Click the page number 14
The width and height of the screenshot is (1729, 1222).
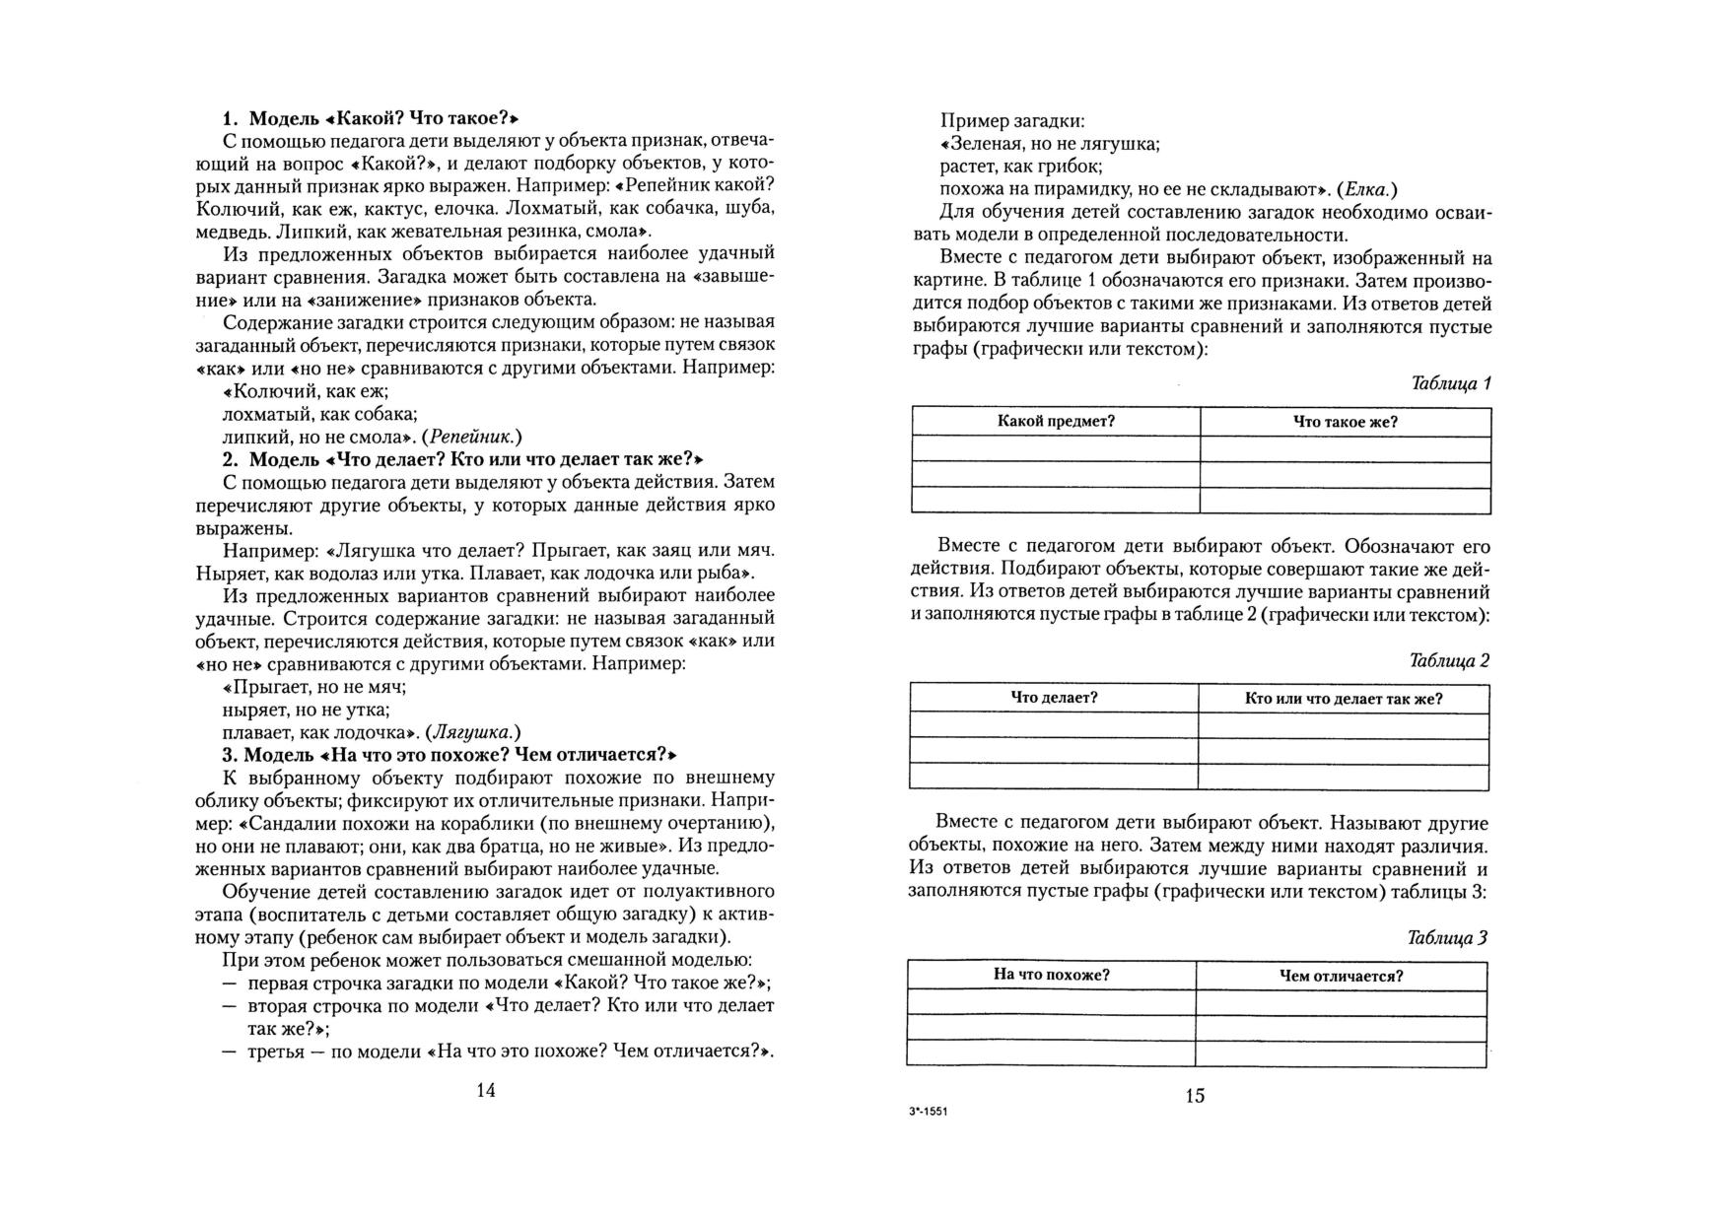(x=485, y=1090)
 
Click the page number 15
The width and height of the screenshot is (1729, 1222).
(x=1195, y=1096)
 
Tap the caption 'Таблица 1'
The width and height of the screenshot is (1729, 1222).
(x=1450, y=383)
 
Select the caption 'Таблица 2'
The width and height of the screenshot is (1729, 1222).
(x=1448, y=660)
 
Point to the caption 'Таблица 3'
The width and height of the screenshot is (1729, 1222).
(x=1446, y=937)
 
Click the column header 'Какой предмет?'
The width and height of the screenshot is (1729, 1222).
(x=1056, y=422)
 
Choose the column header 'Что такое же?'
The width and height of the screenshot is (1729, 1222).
(x=1345, y=422)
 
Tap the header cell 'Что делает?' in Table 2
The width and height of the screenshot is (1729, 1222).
(x=1054, y=698)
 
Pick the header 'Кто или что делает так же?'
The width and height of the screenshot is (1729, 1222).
(x=1344, y=699)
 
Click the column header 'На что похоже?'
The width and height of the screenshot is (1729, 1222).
(x=1051, y=975)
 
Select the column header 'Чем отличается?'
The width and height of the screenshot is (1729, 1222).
(x=1341, y=976)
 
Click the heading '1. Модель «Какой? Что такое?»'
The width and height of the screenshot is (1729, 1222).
(x=370, y=118)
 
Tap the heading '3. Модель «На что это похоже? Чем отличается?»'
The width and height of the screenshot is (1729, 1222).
(x=449, y=755)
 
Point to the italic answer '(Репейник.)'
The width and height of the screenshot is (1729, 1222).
(x=471, y=437)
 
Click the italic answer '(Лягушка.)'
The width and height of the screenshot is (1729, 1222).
(x=470, y=732)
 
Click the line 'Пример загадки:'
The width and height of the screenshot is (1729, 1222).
(x=1012, y=121)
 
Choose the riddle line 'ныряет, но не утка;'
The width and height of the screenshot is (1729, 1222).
(x=307, y=710)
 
